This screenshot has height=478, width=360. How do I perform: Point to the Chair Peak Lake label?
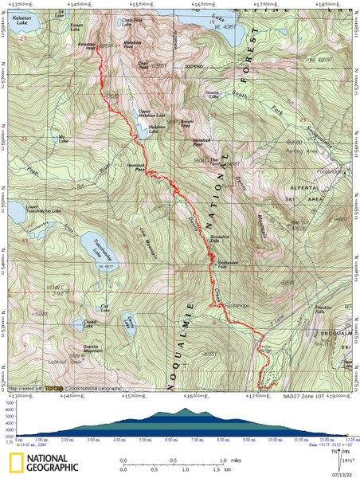pyautogui.click(x=132, y=18)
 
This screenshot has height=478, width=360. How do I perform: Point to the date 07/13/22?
pyautogui.click(x=345, y=472)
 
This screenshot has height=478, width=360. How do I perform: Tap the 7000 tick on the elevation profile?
pyautogui.click(x=9, y=404)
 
